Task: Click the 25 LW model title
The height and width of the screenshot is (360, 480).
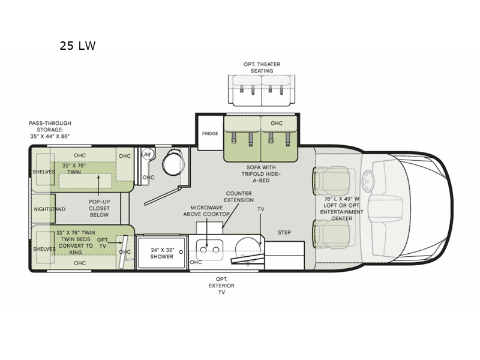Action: (x=77, y=46)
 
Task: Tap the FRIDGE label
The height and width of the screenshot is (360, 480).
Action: (x=210, y=133)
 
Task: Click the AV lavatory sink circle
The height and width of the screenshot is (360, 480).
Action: (x=147, y=154)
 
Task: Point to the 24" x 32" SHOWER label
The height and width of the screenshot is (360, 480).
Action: (x=161, y=253)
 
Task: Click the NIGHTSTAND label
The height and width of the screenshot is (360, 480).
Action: (x=50, y=209)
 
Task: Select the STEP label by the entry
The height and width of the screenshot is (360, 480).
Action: (x=284, y=232)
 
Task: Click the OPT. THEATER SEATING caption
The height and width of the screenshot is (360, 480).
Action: (x=262, y=67)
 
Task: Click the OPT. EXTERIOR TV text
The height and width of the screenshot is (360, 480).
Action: (x=221, y=286)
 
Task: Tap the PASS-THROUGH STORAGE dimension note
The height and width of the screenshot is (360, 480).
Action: (x=50, y=130)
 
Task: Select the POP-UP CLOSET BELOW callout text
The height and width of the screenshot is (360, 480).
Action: (x=99, y=208)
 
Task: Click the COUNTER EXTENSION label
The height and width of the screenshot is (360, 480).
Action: (x=239, y=197)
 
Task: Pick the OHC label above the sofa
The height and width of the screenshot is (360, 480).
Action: (x=277, y=123)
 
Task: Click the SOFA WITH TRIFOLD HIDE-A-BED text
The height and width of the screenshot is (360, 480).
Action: (x=261, y=174)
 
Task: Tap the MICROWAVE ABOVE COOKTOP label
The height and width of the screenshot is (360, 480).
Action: (x=206, y=211)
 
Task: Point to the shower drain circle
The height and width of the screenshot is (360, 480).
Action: (x=181, y=252)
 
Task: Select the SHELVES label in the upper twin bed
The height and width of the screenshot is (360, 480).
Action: (x=44, y=172)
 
